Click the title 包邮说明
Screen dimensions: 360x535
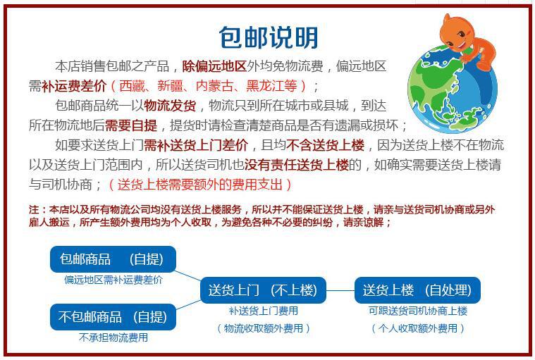click(268, 36)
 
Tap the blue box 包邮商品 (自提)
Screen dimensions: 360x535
click(113, 259)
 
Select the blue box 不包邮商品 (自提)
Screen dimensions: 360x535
click(113, 316)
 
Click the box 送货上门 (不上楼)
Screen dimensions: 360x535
click(263, 290)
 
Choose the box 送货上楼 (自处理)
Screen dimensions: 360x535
click(417, 290)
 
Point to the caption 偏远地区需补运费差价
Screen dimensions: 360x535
click(113, 279)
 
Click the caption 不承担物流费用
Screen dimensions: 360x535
click(113, 337)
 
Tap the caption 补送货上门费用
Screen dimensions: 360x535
click(263, 311)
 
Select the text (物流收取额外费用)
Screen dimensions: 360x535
click(263, 328)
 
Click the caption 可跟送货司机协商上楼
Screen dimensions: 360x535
click(417, 311)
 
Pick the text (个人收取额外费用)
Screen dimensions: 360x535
click(417, 328)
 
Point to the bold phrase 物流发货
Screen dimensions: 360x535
click(170, 106)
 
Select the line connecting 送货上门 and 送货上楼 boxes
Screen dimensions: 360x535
click(340, 290)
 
